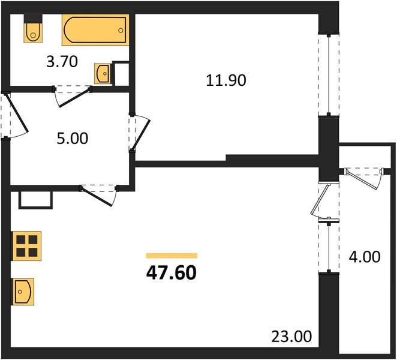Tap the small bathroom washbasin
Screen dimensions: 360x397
[103, 73]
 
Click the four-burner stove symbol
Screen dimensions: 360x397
[26, 245]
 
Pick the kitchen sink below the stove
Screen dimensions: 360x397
[23, 292]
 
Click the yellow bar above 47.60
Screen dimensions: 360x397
[171, 256]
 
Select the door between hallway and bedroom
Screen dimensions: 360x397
[139, 132]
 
